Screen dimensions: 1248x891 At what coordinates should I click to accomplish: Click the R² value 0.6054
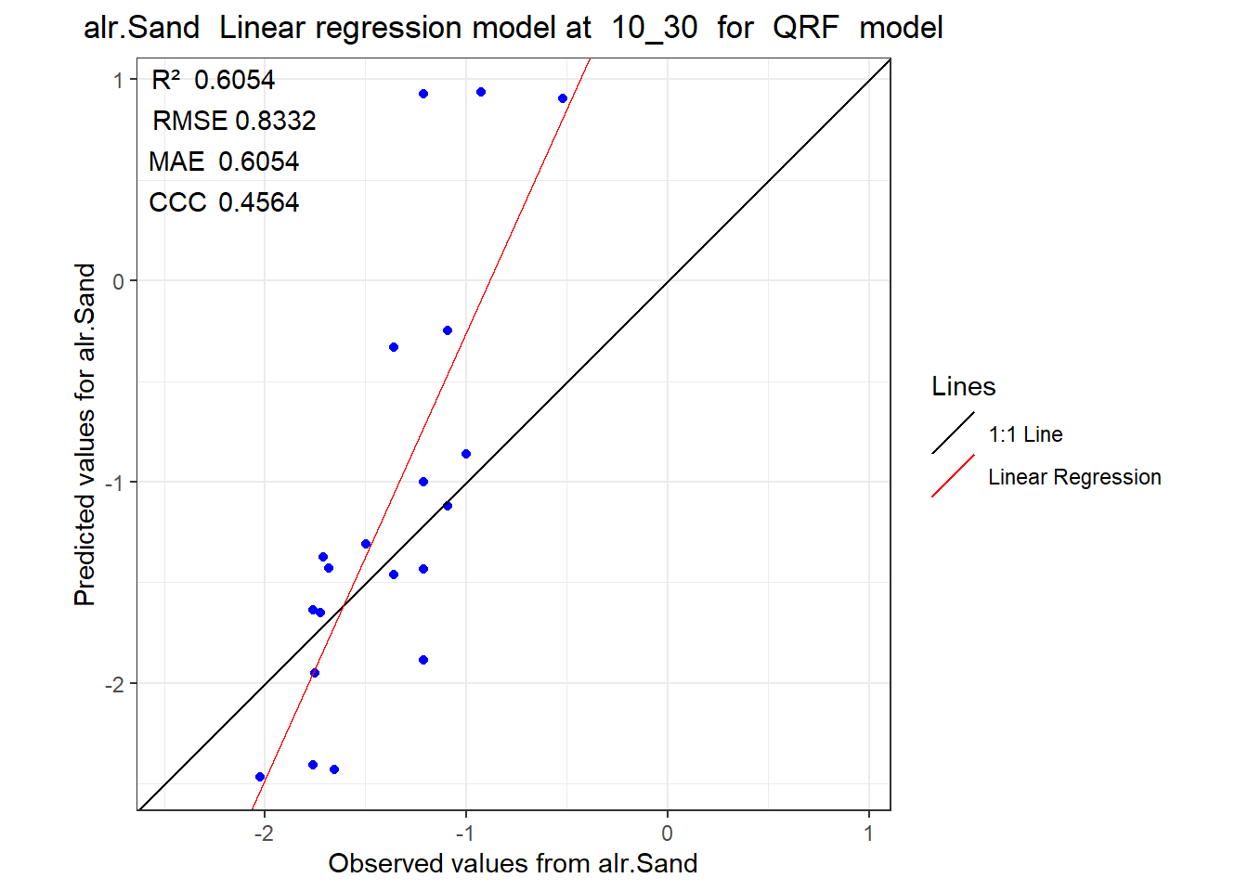point(234,80)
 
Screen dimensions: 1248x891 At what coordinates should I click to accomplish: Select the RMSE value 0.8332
point(276,121)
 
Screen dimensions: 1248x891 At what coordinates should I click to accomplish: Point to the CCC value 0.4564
point(258,202)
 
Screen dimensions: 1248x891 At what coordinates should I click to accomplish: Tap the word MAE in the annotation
point(176,161)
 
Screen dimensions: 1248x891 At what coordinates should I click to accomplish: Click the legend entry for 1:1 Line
point(1025,434)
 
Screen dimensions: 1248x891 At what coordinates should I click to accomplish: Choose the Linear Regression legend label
point(1074,477)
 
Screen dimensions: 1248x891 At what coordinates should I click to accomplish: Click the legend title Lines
point(963,386)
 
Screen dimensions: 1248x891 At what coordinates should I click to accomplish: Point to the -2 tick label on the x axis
point(264,833)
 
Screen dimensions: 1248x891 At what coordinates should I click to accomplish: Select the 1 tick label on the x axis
point(868,833)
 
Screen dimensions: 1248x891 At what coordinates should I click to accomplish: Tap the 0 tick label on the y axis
point(118,282)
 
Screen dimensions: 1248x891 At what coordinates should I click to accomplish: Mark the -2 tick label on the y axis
point(115,684)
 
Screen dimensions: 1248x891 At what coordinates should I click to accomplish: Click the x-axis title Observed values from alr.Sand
point(513,864)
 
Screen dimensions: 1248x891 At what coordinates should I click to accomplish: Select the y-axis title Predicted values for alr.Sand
point(84,434)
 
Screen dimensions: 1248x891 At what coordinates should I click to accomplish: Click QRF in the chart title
point(806,27)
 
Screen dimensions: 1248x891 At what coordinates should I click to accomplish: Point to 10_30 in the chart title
point(654,29)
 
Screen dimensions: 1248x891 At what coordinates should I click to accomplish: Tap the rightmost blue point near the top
point(563,98)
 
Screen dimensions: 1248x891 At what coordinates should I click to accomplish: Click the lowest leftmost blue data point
point(260,777)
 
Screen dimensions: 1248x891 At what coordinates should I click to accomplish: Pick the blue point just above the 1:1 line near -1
point(466,454)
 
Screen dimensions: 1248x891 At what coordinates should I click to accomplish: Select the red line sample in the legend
point(954,476)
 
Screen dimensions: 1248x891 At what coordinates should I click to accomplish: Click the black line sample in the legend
point(954,433)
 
